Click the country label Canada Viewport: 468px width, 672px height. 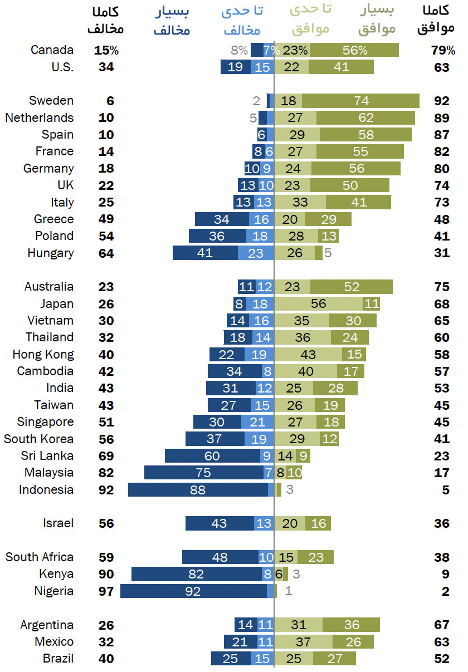(52, 50)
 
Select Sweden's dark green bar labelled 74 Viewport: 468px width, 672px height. (361, 101)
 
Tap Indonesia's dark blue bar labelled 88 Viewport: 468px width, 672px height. (198, 490)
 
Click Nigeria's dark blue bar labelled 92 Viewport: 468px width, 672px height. (193, 591)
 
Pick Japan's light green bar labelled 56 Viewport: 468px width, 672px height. (319, 304)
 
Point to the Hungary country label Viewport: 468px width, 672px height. (50, 253)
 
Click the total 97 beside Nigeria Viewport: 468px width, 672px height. (106, 591)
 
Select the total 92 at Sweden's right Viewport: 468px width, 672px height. (441, 101)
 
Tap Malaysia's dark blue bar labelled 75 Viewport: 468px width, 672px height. (204, 473)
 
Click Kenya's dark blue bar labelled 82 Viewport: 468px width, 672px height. (197, 574)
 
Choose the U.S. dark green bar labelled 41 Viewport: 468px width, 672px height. (341, 67)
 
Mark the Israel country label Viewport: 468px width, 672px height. (58, 523)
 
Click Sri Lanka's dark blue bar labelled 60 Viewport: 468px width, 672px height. (212, 456)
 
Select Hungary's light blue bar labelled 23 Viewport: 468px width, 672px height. (256, 253)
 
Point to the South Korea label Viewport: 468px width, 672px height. (38, 439)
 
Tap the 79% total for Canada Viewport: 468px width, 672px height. (443, 50)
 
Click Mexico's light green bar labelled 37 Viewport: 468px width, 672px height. (304, 642)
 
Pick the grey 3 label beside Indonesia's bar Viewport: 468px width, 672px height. (289, 490)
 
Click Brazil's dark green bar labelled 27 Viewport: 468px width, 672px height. (334, 659)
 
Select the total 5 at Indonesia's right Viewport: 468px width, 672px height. (445, 490)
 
